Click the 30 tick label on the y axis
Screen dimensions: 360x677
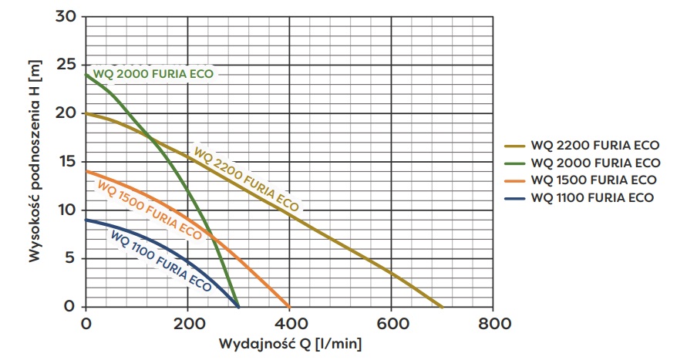66,16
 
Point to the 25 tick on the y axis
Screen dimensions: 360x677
66,65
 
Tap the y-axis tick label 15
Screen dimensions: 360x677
67,162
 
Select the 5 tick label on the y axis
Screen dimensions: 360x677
71,258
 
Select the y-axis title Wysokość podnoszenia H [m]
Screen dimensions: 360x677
35,162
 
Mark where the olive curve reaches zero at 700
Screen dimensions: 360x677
442,306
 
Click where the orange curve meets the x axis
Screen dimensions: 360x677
289,306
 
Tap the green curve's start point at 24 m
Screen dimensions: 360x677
86,75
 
